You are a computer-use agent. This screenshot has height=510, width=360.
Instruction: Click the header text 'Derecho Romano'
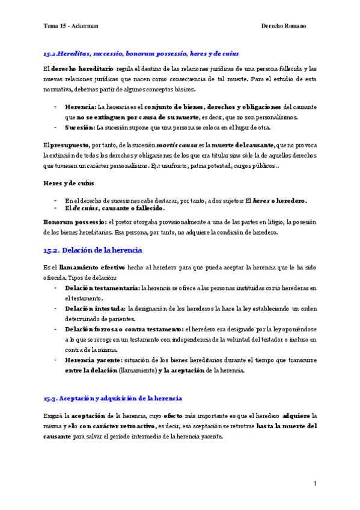pos(284,26)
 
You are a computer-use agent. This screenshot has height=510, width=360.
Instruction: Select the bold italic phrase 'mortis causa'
pos(176,146)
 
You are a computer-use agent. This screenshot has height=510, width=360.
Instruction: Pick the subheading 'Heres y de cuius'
pos(68,182)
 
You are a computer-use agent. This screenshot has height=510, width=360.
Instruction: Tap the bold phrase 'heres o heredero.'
pos(279,200)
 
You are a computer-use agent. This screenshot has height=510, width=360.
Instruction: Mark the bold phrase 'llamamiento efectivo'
pos(93,267)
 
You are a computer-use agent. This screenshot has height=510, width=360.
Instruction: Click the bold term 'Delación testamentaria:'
pos(102,288)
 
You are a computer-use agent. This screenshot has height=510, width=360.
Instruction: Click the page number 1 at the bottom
pos(314,484)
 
